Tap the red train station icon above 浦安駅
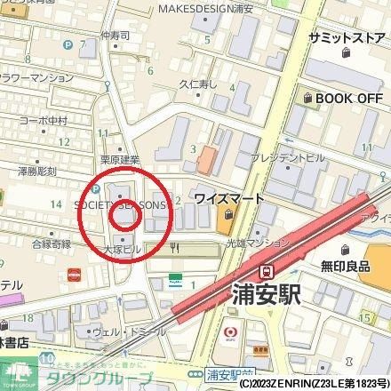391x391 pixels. [x=266, y=271]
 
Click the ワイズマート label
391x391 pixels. [x=228, y=198]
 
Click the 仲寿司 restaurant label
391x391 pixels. [x=116, y=36]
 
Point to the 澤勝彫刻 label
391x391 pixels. [x=38, y=171]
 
